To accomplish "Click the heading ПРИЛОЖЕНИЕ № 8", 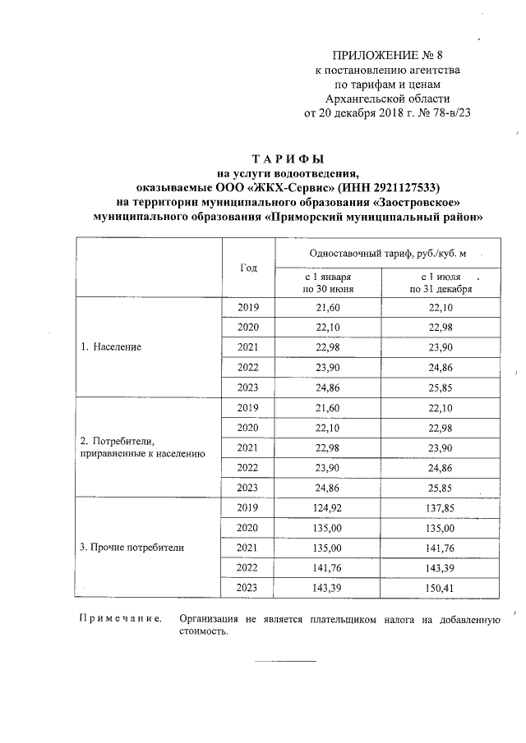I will (x=387, y=56).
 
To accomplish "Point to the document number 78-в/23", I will (x=454, y=112).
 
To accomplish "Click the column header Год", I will (x=248, y=268).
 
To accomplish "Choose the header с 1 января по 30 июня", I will (x=328, y=283).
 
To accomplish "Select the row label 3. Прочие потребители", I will (x=131, y=546).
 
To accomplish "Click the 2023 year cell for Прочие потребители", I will (x=248, y=586).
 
